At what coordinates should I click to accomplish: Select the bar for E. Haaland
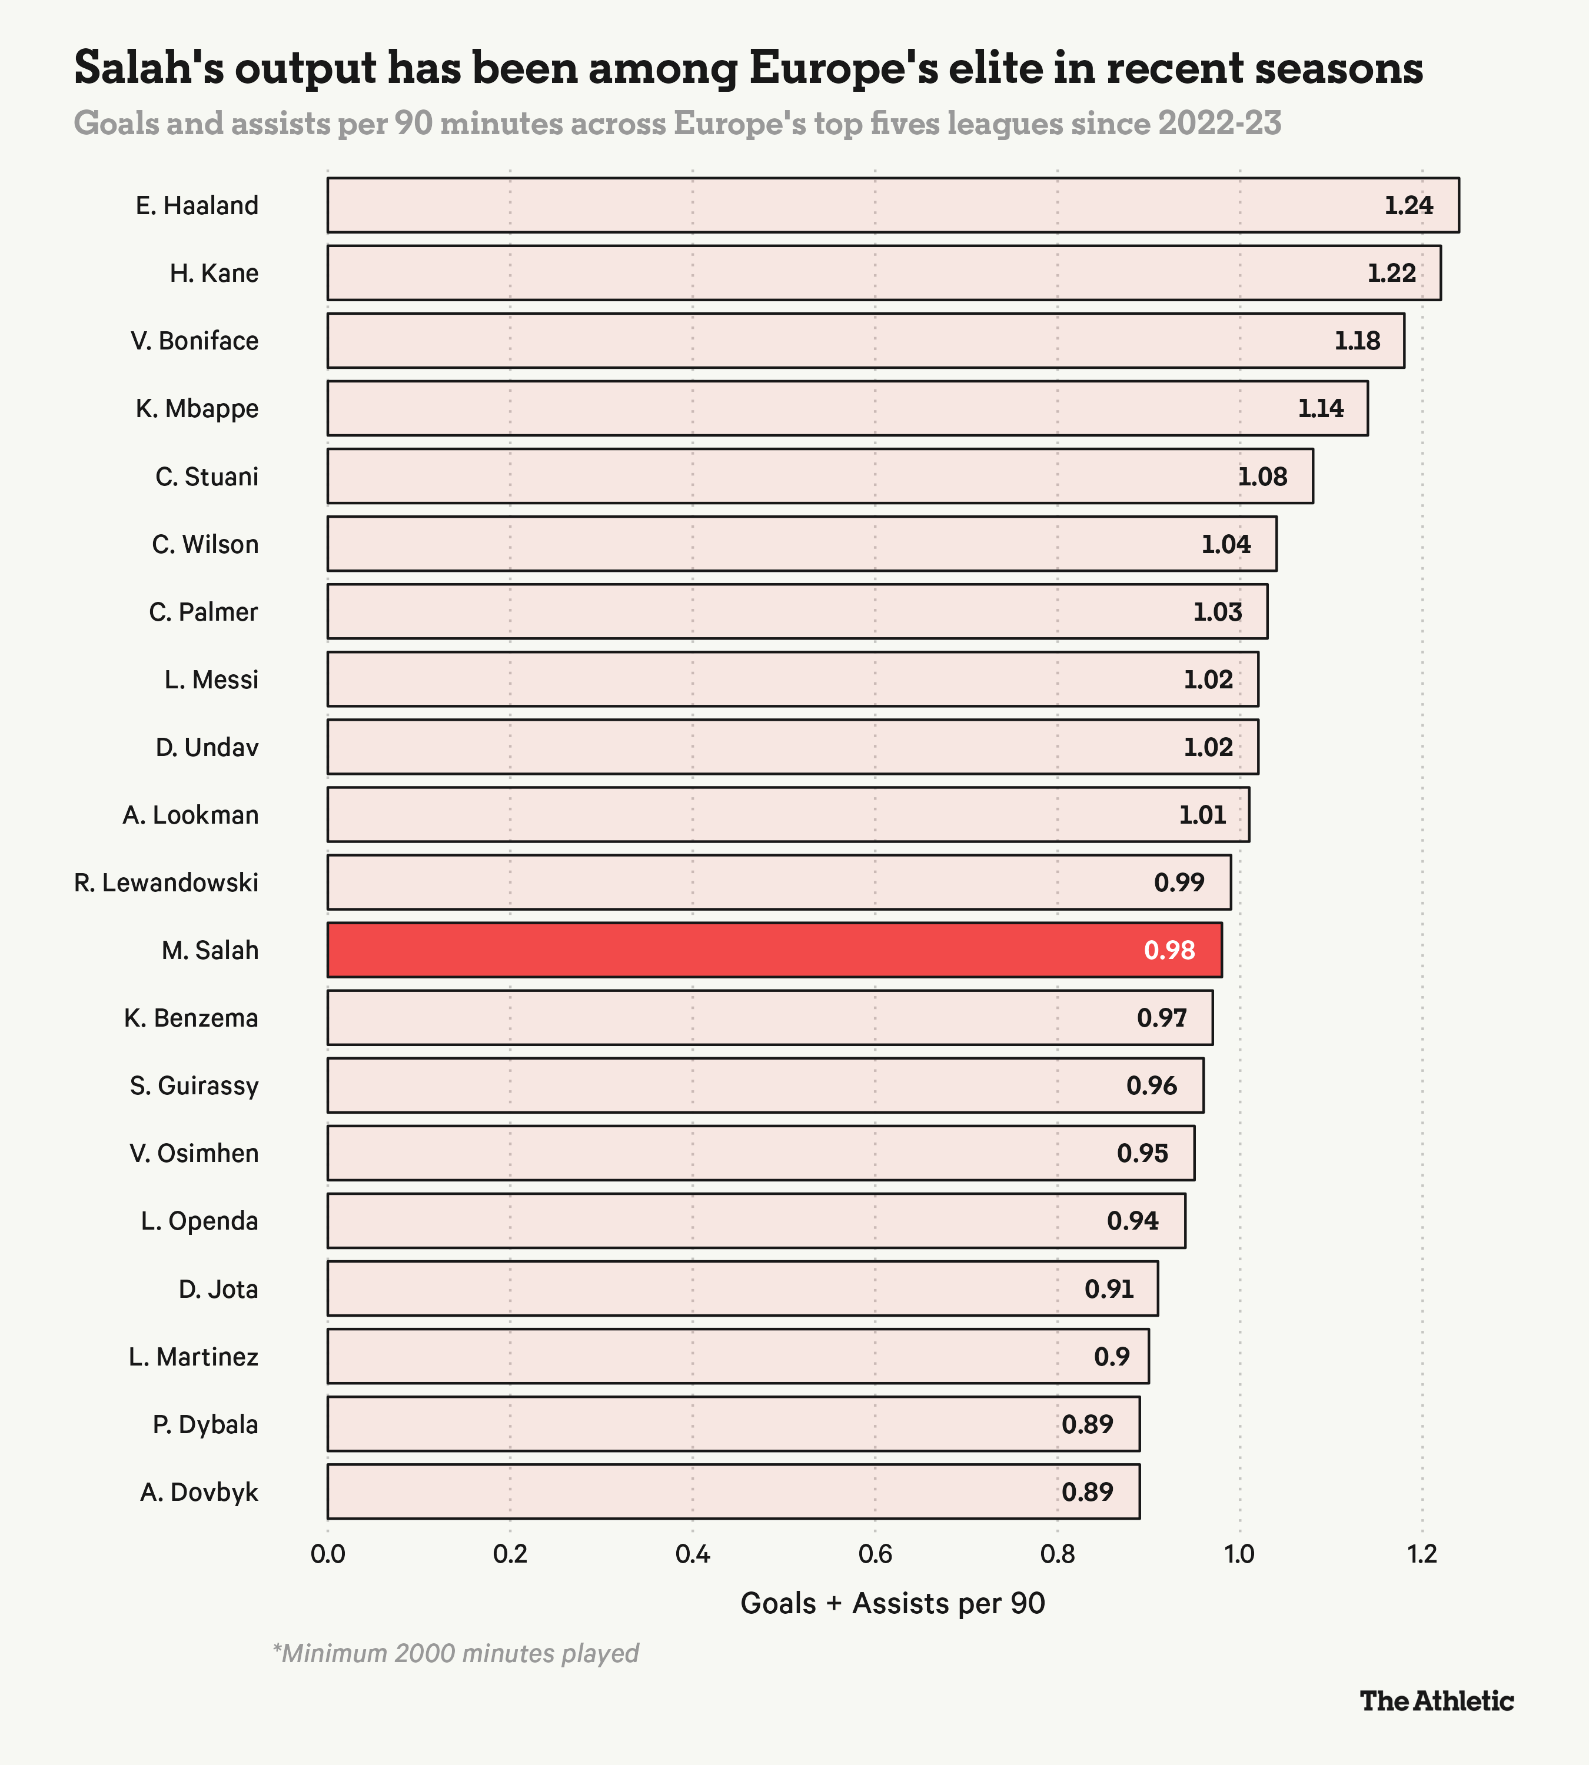[892, 205]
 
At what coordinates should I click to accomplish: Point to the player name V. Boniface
[195, 341]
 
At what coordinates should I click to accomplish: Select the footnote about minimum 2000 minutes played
[456, 1653]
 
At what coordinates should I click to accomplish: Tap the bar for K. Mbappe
[847, 408]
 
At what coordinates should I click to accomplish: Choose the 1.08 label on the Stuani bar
[1262, 477]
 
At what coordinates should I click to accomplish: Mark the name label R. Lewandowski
[166, 883]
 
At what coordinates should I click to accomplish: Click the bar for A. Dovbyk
[733, 1492]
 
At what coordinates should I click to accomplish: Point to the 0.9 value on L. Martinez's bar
[1112, 1357]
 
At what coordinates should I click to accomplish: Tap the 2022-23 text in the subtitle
[1219, 123]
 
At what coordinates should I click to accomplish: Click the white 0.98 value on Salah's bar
[1169, 950]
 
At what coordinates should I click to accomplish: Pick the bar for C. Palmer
[796, 611]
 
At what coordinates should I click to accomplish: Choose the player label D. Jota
[218, 1289]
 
